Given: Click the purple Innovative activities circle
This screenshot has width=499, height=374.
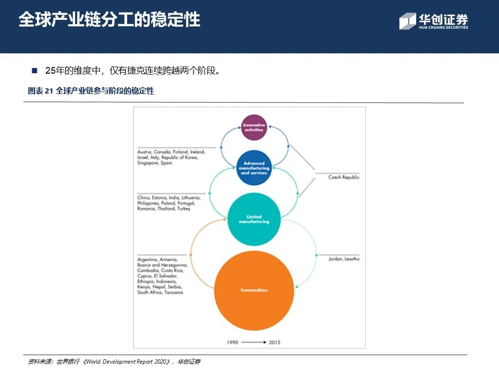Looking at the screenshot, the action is pyautogui.click(x=254, y=127).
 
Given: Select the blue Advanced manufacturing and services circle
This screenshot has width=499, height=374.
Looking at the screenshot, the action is pyautogui.click(x=254, y=168).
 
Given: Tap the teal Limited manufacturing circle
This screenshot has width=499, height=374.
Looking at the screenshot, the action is pyautogui.click(x=254, y=219).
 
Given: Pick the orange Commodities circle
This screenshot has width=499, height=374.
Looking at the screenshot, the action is pyautogui.click(x=254, y=290).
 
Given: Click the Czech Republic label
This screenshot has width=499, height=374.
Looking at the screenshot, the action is pyautogui.click(x=344, y=177).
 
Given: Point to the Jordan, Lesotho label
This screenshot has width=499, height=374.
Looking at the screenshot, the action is pyautogui.click(x=344, y=259).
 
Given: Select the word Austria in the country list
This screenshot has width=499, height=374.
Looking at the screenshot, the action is pyautogui.click(x=145, y=152).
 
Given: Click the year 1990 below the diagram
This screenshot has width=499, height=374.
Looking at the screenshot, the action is pyautogui.click(x=232, y=342).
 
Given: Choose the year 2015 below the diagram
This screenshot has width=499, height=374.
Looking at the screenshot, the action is pyautogui.click(x=275, y=342).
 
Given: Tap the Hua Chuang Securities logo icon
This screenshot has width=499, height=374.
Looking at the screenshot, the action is pyautogui.click(x=407, y=21).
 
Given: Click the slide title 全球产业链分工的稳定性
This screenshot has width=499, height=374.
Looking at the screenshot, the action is pyautogui.click(x=109, y=20).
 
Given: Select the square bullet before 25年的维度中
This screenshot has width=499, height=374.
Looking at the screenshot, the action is pyautogui.click(x=34, y=71).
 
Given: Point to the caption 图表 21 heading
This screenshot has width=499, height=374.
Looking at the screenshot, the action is pyautogui.click(x=91, y=91).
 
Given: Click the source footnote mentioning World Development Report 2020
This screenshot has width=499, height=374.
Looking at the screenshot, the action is pyautogui.click(x=114, y=362).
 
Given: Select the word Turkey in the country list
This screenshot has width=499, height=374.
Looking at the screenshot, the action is pyautogui.click(x=184, y=208).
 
